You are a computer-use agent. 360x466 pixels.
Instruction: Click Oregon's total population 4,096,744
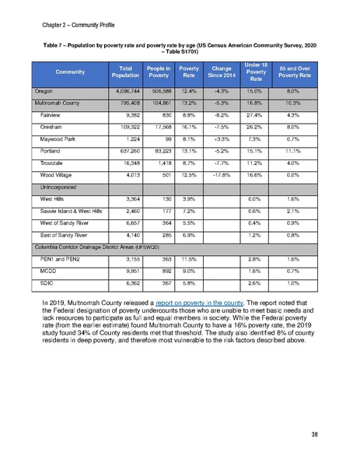[x=120, y=91]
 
